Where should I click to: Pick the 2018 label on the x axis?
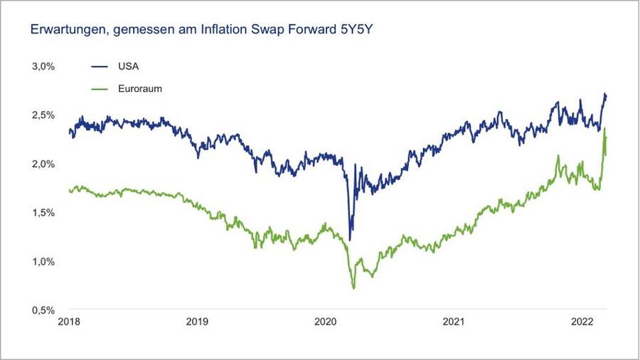(69, 322)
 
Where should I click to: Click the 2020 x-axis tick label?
(326, 322)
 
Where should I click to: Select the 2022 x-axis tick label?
(584, 322)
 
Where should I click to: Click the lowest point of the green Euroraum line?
(353, 288)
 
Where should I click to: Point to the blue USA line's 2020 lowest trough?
(350, 240)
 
